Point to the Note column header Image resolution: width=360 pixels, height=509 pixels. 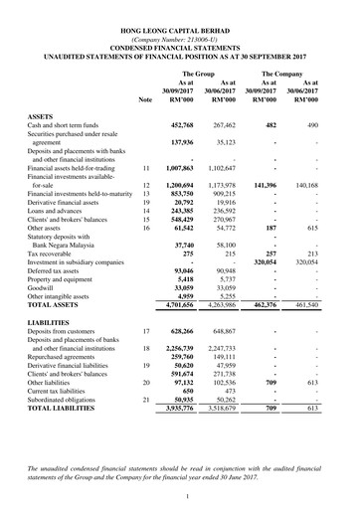point(146,100)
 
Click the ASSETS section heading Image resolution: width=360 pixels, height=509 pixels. point(41,116)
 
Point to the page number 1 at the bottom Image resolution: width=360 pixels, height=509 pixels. point(180,494)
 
